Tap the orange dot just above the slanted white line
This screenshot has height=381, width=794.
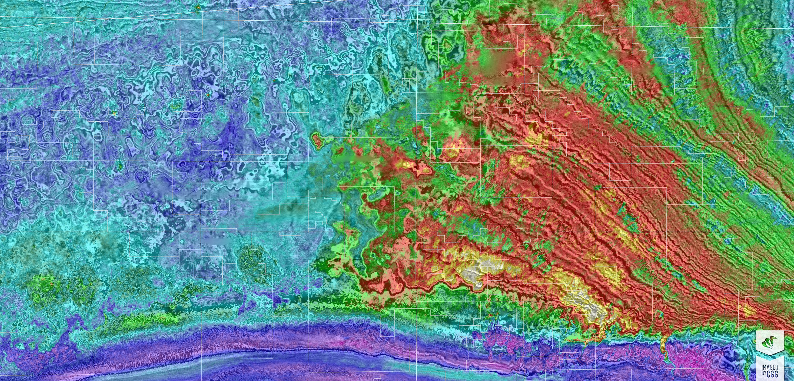(x=198, y=7)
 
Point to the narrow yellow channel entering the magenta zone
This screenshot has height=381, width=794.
(x=663, y=345)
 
